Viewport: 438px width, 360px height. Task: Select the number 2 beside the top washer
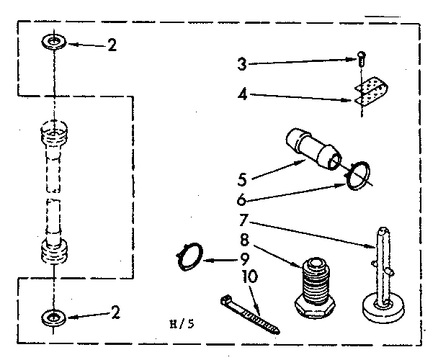point(111,44)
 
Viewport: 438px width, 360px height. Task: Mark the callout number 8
point(245,238)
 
